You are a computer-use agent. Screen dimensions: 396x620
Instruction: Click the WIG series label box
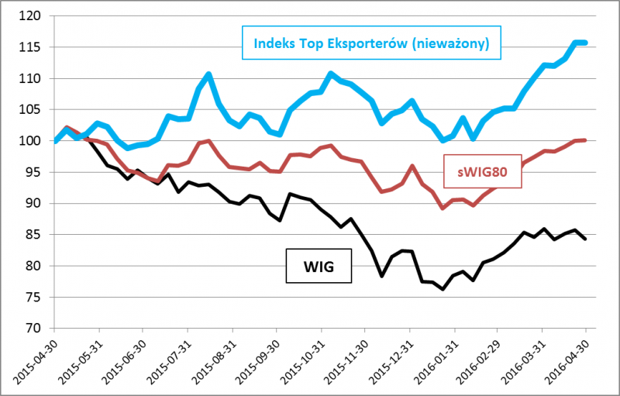tap(319, 266)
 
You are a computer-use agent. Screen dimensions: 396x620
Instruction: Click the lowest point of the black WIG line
tap(443, 289)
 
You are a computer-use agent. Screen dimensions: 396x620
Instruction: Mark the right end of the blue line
tap(585, 43)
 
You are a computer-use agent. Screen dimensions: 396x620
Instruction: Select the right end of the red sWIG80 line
tap(585, 140)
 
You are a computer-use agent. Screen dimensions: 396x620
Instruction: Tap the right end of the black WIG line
tap(585, 239)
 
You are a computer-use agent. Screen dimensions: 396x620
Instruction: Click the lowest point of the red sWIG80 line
tap(443, 208)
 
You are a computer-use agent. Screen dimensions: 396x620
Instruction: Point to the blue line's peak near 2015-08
tap(209, 74)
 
